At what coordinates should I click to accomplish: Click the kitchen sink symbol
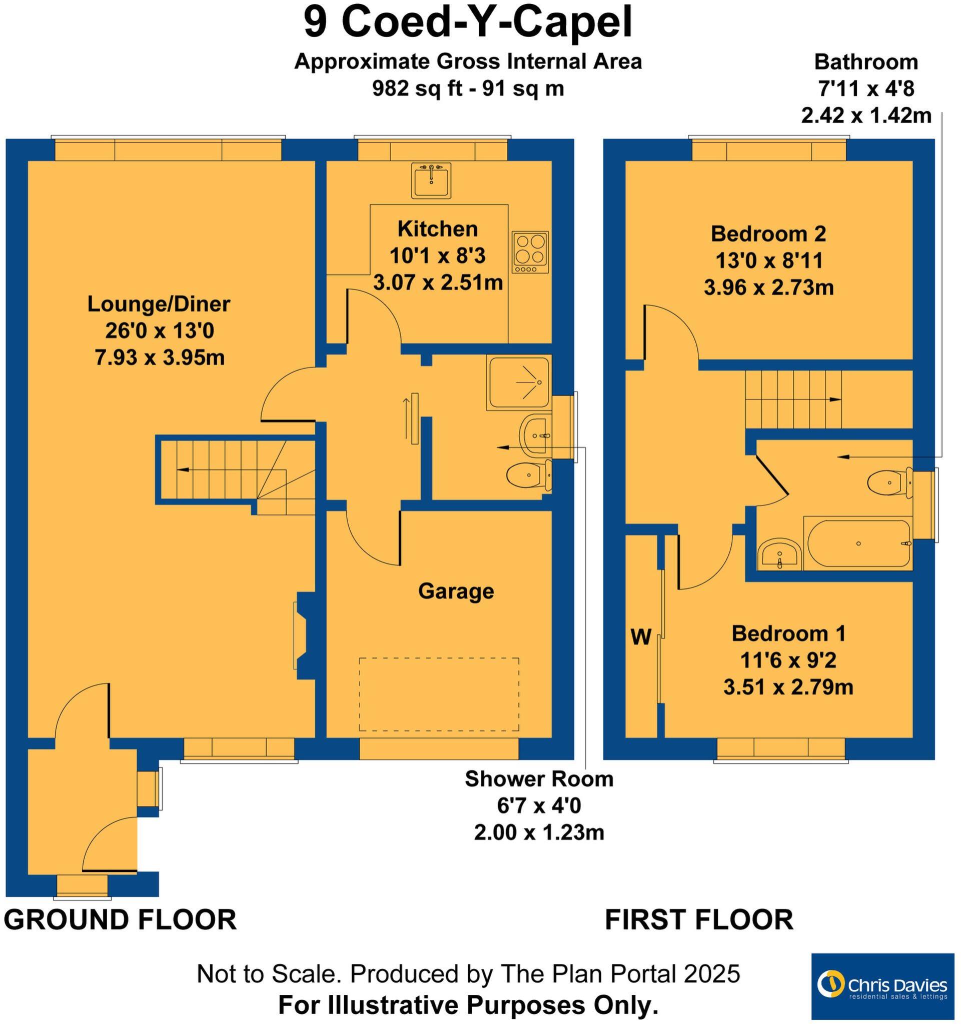click(431, 180)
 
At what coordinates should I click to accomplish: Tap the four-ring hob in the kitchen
click(530, 252)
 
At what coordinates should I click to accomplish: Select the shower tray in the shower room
click(518, 382)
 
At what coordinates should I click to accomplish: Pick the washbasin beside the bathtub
click(780, 554)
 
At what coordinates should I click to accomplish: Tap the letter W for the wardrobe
click(641, 637)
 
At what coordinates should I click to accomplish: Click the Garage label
click(456, 591)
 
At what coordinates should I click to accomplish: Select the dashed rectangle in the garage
click(439, 694)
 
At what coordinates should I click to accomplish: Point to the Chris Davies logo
click(882, 986)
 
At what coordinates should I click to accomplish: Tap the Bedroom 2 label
click(768, 234)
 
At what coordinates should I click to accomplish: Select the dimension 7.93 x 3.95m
click(160, 357)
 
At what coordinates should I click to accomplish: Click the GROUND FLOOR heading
click(121, 919)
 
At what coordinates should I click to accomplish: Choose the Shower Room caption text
click(539, 779)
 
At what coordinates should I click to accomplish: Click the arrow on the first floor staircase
click(834, 399)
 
